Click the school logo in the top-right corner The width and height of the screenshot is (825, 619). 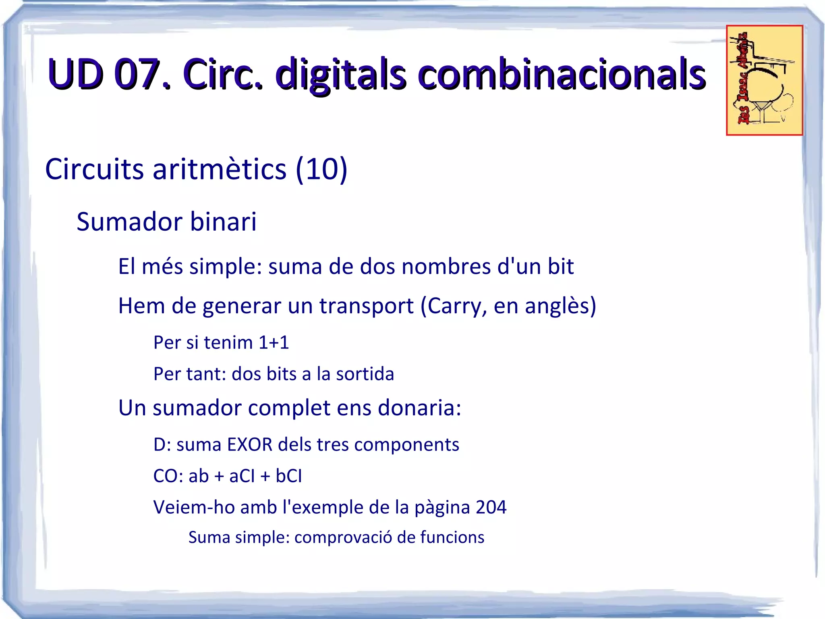tap(764, 80)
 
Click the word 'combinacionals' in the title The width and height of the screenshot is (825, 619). tap(561, 75)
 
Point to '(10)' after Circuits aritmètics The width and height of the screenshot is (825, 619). tap(321, 169)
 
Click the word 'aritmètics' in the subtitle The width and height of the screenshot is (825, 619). tap(219, 169)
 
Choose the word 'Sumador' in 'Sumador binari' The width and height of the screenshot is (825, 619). tap(129, 222)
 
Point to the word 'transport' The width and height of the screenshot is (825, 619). tap(367, 306)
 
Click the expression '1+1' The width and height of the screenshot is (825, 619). tap(274, 343)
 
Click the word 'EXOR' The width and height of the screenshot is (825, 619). tap(250, 445)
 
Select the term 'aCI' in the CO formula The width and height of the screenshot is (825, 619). tap(242, 476)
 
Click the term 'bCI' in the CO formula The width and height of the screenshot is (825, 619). tap(288, 476)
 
